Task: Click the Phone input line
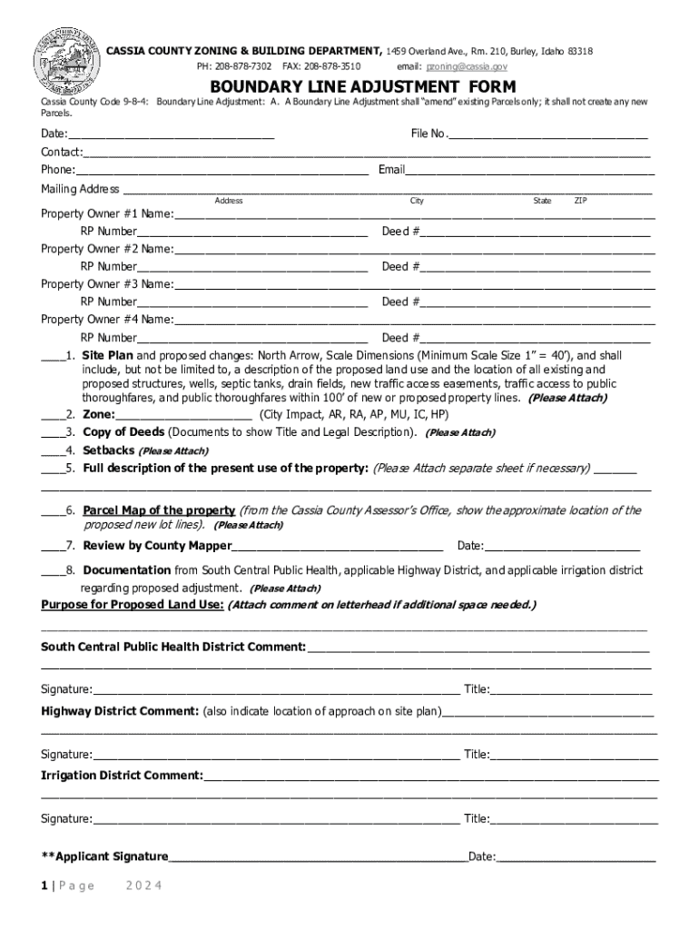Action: coord(222,171)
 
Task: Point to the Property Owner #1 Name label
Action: coord(107,214)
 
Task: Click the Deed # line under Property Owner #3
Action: coord(535,302)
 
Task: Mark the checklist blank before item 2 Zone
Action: coord(51,414)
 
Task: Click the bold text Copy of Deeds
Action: coord(123,432)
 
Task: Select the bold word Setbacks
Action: coord(109,450)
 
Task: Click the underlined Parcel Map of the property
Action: coord(159,510)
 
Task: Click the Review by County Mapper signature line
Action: coord(337,546)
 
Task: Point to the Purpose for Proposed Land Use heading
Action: coord(133,605)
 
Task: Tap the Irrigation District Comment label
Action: coord(123,776)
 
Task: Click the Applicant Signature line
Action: coord(318,856)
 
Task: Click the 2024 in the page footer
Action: coord(143,886)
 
